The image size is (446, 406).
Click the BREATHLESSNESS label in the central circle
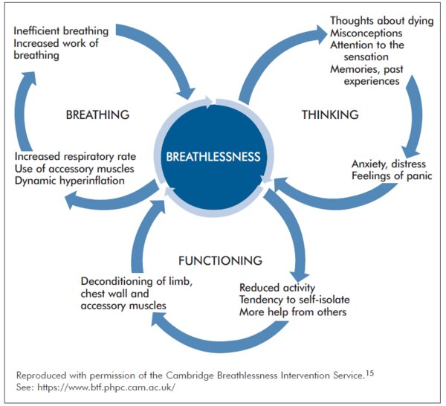[213, 157]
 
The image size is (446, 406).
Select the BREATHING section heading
[97, 115]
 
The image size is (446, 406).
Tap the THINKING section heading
[330, 115]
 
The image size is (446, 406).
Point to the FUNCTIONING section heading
[220, 260]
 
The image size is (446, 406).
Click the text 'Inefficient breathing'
[61, 31]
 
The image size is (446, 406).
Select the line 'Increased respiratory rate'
[77, 157]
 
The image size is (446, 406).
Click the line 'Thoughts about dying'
[381, 21]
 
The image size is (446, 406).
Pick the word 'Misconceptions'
[366, 33]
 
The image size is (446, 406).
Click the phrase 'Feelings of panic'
[392, 176]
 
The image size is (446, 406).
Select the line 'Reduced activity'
[277, 288]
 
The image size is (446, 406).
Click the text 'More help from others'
[293, 312]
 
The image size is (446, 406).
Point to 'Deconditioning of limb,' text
[138, 281]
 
